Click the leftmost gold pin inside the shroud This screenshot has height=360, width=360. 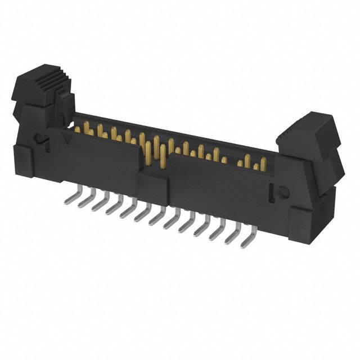(x=78, y=129)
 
